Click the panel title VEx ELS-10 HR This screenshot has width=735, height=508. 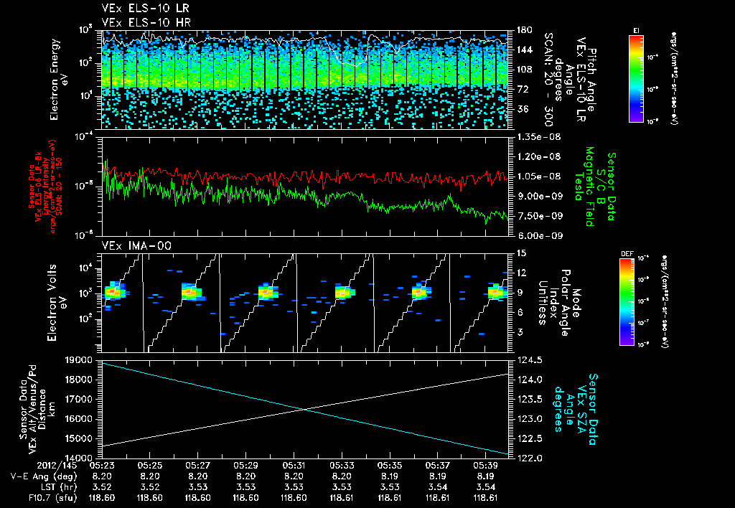(x=140, y=22)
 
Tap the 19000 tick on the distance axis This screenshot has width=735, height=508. (x=80, y=359)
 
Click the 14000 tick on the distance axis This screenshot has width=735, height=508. (x=80, y=457)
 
